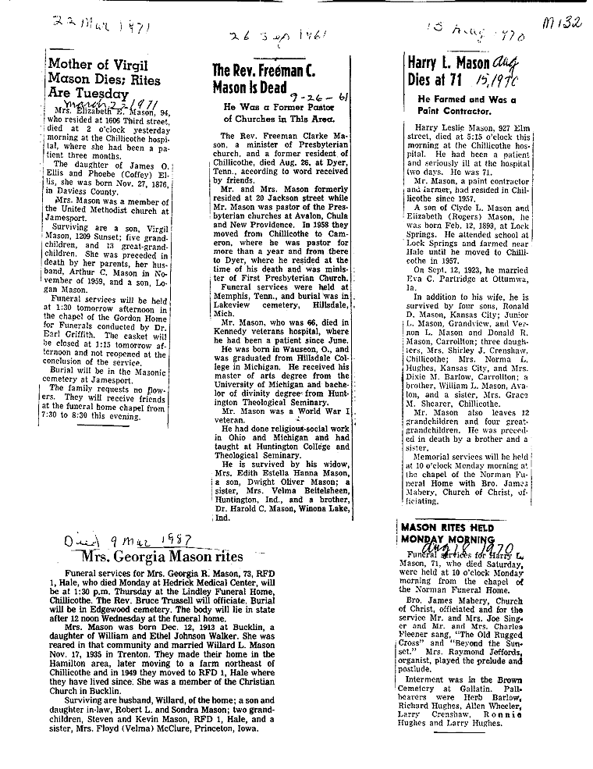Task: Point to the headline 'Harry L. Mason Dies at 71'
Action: [x=449, y=71]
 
